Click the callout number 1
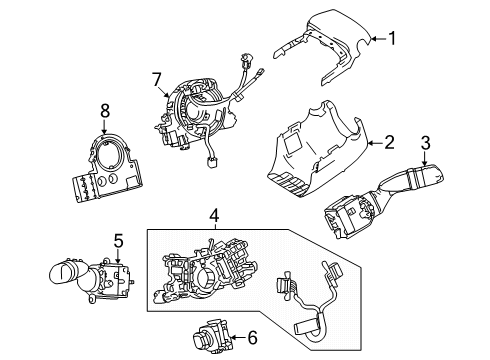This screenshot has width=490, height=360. click(x=392, y=39)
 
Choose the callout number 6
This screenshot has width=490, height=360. click(x=250, y=338)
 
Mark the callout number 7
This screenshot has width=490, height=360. click(x=156, y=76)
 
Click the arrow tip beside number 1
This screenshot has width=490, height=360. click(x=370, y=40)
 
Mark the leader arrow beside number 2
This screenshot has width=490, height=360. click(x=375, y=144)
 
